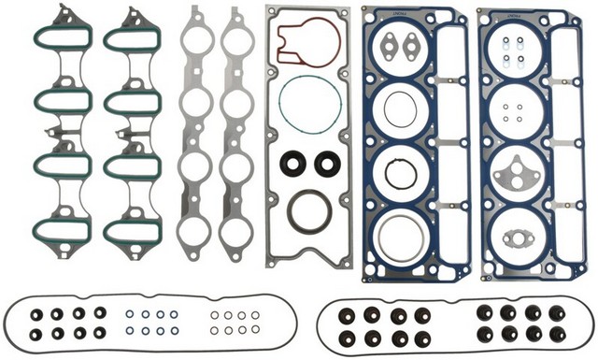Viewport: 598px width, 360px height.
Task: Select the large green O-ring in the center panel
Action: click(311, 104)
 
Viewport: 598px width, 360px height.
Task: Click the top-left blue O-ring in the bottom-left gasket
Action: click(129, 314)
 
